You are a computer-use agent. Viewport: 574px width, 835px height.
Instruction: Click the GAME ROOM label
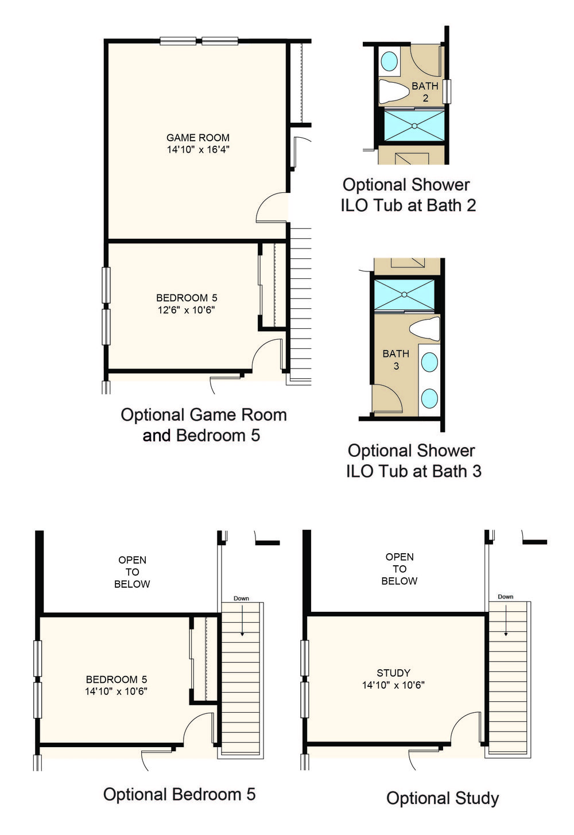point(198,138)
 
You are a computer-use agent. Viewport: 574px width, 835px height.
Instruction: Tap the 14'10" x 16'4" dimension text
point(198,149)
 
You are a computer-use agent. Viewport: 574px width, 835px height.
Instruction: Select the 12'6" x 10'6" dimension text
point(187,310)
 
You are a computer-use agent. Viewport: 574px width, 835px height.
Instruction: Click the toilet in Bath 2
point(394,91)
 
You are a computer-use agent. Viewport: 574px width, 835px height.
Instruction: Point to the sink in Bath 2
point(389,61)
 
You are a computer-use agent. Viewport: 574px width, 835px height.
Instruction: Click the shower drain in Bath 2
point(414,126)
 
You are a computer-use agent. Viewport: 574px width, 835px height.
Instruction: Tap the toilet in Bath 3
point(425,328)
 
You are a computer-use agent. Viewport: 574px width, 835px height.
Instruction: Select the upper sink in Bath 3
point(429,362)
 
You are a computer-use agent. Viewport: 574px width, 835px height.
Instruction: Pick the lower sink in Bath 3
point(429,398)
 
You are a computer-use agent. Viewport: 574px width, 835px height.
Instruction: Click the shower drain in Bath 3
point(405,294)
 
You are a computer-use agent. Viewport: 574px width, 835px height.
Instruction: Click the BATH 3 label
point(396,360)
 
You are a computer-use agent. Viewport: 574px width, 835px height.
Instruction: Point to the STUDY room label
point(394,673)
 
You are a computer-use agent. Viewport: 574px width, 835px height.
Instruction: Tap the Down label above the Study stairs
point(506,597)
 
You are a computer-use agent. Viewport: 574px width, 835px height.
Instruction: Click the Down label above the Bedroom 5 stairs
point(241,599)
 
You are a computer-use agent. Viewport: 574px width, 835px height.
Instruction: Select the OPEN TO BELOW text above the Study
point(399,569)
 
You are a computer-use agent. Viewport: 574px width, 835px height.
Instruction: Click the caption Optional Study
point(443,798)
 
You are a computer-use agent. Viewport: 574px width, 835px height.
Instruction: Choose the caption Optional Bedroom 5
point(179,794)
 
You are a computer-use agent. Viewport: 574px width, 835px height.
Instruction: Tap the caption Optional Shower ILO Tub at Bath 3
point(414,461)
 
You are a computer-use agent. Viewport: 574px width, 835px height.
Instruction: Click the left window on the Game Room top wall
point(178,41)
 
